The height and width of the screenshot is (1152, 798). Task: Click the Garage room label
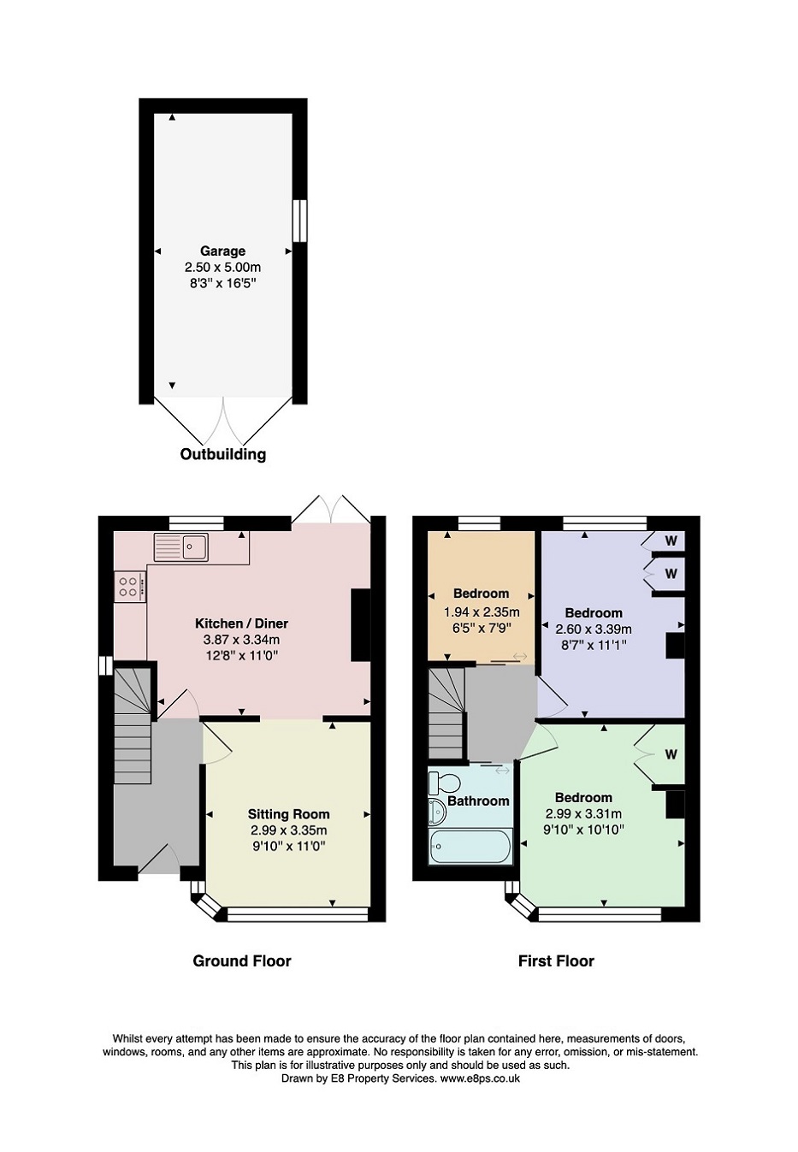pos(222,251)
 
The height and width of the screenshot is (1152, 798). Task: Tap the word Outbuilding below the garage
pos(223,454)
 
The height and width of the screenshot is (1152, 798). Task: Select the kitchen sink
pos(181,546)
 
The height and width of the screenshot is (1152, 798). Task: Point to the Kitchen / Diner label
pos(242,623)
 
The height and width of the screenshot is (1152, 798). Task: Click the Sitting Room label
pos(288,814)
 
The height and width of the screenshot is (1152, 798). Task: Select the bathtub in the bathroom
pos(470,847)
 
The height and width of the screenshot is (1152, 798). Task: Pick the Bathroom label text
pos(478,800)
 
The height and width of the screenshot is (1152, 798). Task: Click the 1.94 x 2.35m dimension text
pos(482,612)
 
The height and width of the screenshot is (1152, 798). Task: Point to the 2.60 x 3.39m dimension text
pos(594,629)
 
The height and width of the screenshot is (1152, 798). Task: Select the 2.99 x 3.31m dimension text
pos(583,813)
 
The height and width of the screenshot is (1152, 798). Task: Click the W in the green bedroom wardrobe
pos(671,754)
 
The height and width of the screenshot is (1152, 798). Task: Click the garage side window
pos(299,220)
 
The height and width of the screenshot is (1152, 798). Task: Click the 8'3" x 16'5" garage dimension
pos(222,283)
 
